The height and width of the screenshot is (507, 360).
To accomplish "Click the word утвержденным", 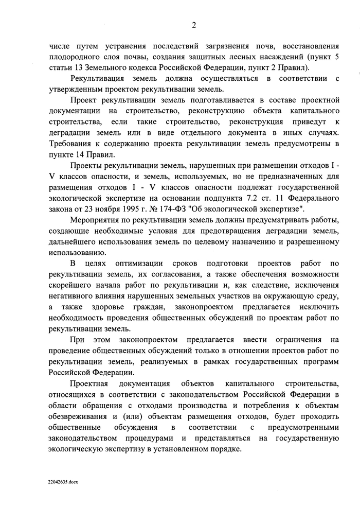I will pos(73,90).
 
